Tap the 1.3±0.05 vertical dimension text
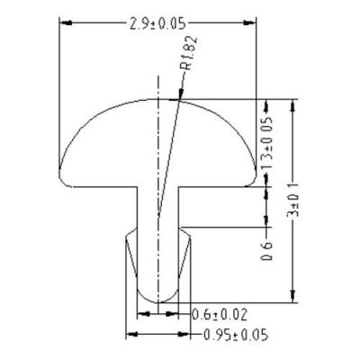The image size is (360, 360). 265,143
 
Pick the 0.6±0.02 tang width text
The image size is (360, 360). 221,313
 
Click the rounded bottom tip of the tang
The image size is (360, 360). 158,295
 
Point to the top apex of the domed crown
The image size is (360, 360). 158,99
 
